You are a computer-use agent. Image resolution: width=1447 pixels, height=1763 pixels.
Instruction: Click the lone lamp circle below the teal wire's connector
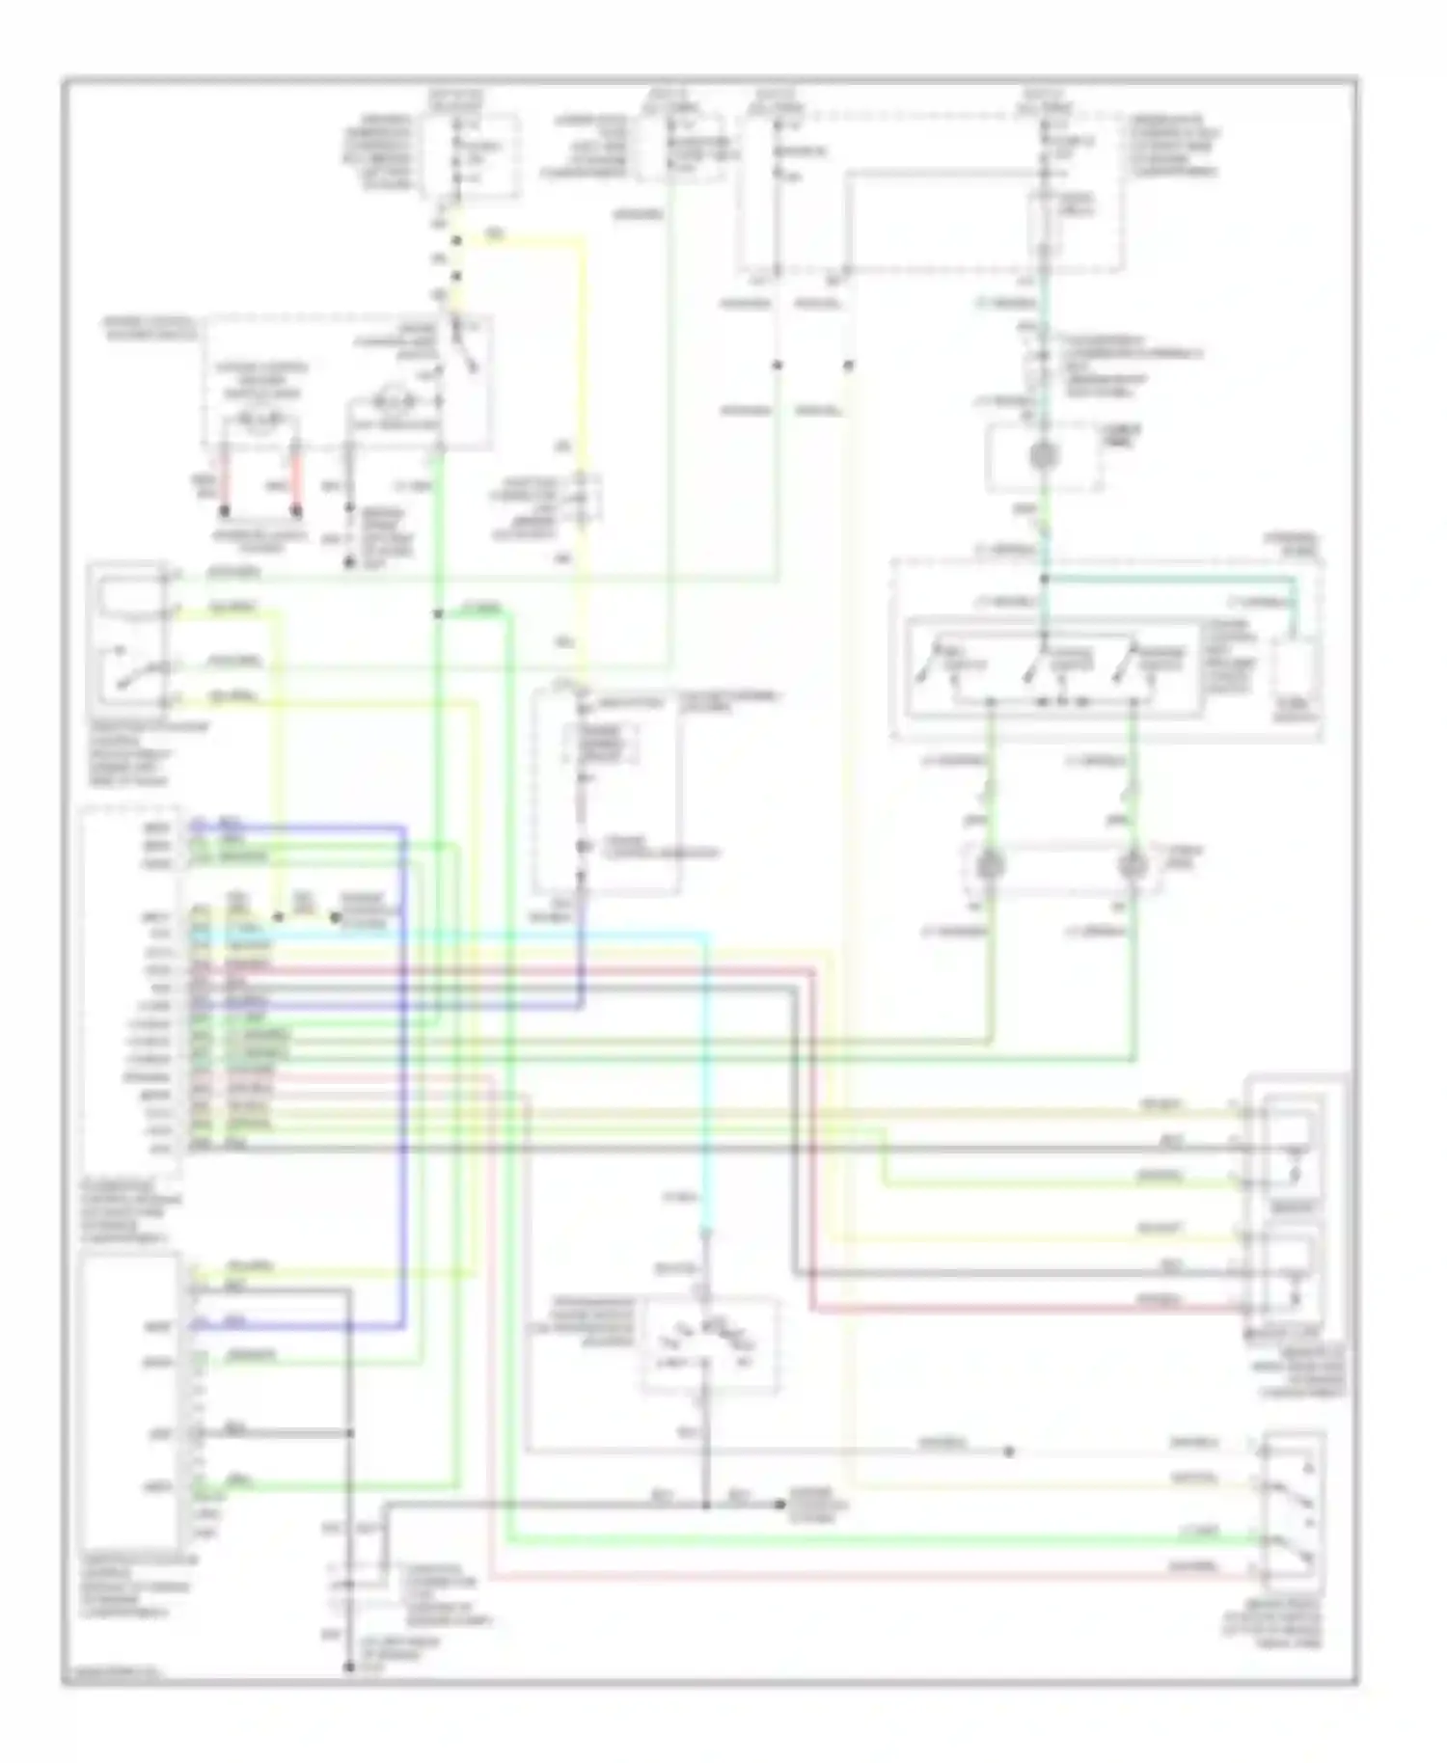tap(1043, 455)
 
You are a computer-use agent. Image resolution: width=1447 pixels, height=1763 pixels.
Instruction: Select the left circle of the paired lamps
tap(990, 865)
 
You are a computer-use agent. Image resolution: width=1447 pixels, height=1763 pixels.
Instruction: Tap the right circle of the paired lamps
tap(1133, 865)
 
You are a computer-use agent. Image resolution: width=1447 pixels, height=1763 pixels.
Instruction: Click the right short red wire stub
tap(296, 477)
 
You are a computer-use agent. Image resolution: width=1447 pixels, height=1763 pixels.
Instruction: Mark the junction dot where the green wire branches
tap(438, 613)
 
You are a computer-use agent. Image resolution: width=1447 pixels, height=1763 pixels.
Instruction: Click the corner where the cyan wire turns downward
tap(709, 935)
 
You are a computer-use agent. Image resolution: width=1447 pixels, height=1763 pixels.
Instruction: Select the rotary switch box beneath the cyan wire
tap(711, 1343)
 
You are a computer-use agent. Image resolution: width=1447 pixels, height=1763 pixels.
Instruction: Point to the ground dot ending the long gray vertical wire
tap(349, 1666)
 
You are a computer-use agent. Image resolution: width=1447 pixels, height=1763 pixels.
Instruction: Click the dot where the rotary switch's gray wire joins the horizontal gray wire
tap(706, 1505)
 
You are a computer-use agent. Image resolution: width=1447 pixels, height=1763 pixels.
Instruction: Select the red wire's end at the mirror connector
tap(1238, 1309)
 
